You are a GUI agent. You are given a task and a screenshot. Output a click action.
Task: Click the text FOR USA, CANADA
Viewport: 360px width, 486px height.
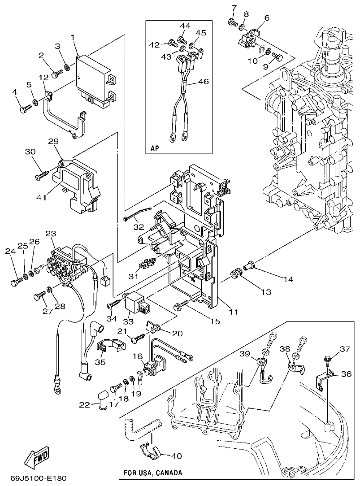(153, 473)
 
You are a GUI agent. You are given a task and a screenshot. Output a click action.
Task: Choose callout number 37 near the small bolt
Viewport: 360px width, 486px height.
(344, 349)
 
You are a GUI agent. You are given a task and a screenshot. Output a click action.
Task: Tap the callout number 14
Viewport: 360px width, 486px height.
(287, 279)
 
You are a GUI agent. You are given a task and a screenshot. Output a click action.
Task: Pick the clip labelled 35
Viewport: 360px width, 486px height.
(109, 347)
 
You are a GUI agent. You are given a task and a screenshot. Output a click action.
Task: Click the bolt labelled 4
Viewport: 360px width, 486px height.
(25, 108)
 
